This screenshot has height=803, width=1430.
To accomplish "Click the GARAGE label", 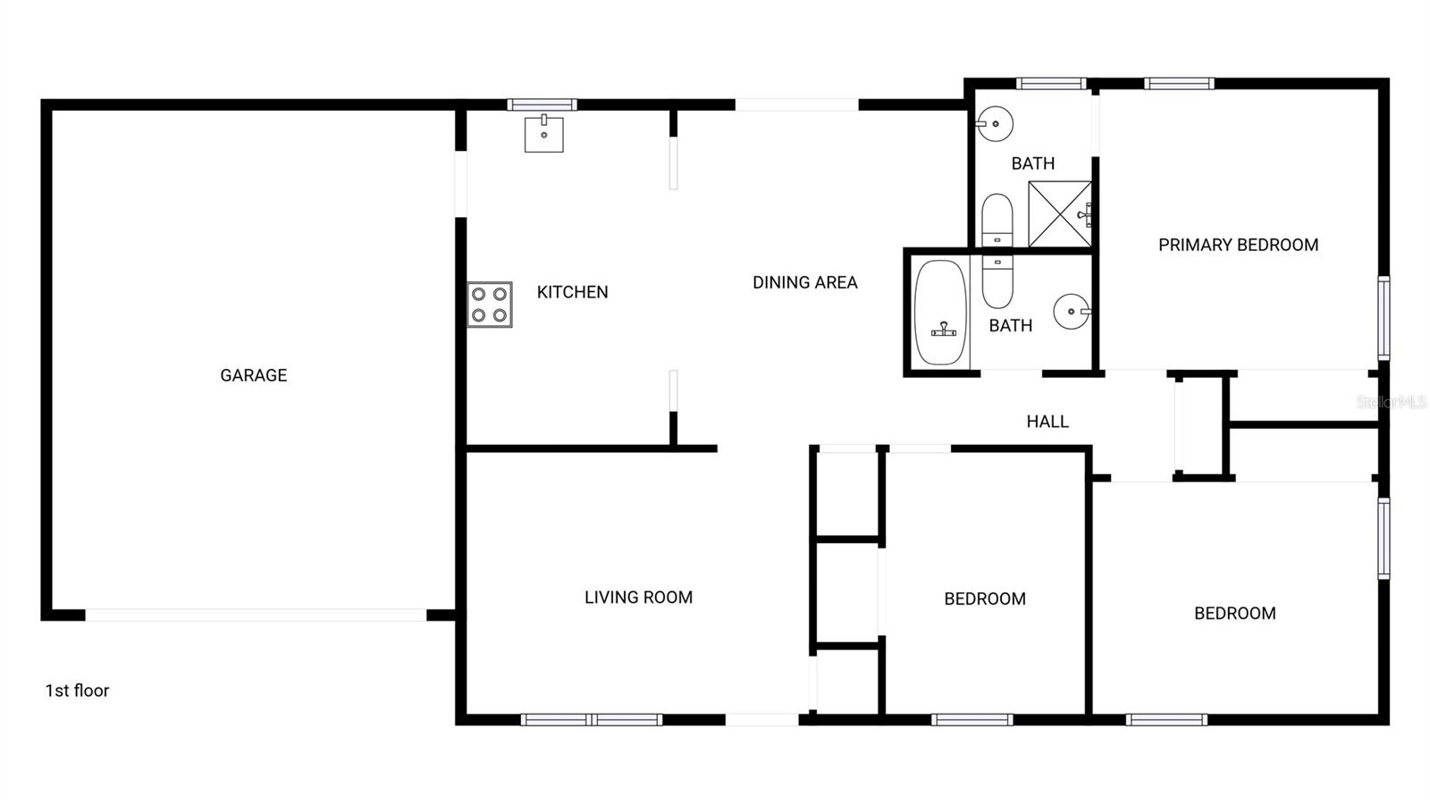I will click(254, 375).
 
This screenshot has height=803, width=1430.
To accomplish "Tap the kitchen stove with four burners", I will click(490, 305).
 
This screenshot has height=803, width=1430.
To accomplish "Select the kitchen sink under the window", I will click(543, 134).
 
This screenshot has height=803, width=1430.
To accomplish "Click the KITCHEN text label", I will click(572, 292).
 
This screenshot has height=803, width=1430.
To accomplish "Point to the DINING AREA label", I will click(804, 282).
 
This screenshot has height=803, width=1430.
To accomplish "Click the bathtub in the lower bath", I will click(940, 313).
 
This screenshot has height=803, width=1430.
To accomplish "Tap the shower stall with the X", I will click(1059, 213).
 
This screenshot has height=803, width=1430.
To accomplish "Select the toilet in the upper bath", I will click(997, 218).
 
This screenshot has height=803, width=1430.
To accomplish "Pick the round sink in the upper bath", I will click(995, 124).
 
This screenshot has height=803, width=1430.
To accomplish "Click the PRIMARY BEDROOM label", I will click(1238, 245).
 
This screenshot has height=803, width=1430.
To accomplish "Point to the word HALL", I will click(1047, 422).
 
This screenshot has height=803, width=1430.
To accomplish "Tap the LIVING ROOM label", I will click(638, 598).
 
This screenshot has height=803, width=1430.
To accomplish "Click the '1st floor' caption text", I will click(77, 690).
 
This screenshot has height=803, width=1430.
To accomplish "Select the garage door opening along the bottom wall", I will click(256, 615).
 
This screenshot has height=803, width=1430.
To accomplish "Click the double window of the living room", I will click(592, 719).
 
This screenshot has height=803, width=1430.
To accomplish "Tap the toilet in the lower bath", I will click(997, 280).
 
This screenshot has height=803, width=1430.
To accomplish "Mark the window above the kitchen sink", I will click(542, 105).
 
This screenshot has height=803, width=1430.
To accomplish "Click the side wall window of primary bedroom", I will click(1384, 318).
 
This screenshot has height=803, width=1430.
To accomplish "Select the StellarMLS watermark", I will click(1391, 402).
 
